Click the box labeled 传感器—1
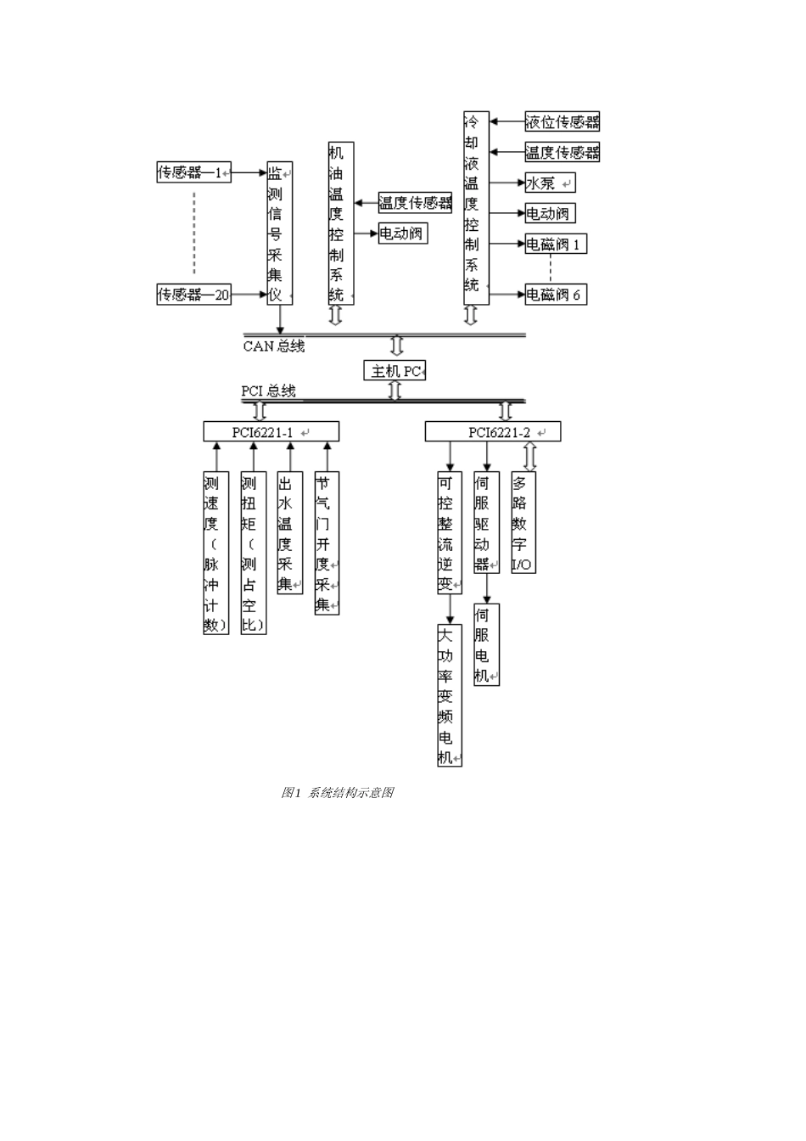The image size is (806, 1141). [x=193, y=172]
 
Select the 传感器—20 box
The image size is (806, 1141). [x=194, y=295]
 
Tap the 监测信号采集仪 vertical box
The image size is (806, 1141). [x=279, y=233]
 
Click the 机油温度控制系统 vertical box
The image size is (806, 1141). [x=340, y=223]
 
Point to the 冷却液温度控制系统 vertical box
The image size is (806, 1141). [x=476, y=208]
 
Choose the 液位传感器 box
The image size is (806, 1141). [x=562, y=121]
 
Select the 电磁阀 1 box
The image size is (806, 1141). [x=556, y=244]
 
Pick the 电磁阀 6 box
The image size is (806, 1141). [x=556, y=295]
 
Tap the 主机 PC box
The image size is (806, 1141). [x=395, y=371]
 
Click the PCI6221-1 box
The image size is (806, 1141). [x=271, y=432]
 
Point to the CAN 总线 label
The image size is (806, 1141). [x=273, y=346]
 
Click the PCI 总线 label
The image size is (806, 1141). [x=268, y=391]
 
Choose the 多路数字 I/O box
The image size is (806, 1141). [x=523, y=522]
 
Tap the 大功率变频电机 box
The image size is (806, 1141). [x=449, y=695]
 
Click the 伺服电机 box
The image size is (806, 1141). [x=485, y=644]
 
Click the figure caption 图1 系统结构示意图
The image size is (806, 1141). [x=338, y=793]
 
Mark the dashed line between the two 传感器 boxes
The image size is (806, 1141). [x=194, y=233]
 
